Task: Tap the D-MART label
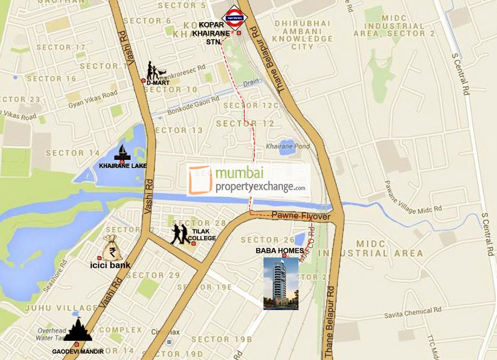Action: pyautogui.click(x=158, y=83)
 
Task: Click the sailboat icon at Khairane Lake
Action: pyautogui.click(x=122, y=152)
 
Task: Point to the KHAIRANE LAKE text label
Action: pyautogui.click(x=123, y=166)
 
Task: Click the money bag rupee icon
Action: pyautogui.click(x=111, y=248)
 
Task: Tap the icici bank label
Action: pyautogui.click(x=111, y=265)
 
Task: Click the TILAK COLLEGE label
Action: pyautogui.click(x=202, y=235)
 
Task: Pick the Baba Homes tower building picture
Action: pyautogui.click(x=281, y=283)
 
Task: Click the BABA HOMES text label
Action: pyautogui.click(x=280, y=251)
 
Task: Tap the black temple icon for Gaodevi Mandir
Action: pyautogui.click(x=78, y=330)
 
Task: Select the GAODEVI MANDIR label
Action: pyautogui.click(x=78, y=351)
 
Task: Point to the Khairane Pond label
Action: pyautogui.click(x=288, y=146)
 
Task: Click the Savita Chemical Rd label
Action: pyautogui.click(x=413, y=312)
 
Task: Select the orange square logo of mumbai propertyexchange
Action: pyautogui.click(x=201, y=180)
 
